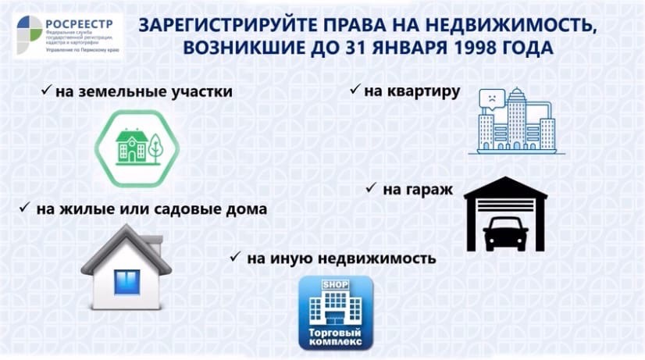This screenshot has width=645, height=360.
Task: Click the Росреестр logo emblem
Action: point(29,34)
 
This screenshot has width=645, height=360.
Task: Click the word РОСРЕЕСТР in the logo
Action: point(80,24)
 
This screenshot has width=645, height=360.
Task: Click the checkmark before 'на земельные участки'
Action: point(47,89)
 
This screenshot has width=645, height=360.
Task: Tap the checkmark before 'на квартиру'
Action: point(355,89)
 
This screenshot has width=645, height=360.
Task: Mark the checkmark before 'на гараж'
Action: point(371,187)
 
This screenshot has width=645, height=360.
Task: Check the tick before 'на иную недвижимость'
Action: point(235,257)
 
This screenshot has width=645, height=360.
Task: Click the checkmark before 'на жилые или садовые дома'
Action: point(25,207)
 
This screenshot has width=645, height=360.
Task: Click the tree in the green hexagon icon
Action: point(155,148)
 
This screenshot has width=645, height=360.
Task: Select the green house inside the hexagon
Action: point(132,146)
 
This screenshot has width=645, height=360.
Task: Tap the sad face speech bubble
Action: point(492,99)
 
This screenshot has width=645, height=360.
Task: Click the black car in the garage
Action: point(505,233)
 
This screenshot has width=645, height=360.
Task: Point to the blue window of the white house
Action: point(127,282)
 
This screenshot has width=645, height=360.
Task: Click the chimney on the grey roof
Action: point(155,244)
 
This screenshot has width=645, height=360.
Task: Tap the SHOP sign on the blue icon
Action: point(335,284)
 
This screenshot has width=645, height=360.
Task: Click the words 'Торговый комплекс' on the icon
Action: point(335,337)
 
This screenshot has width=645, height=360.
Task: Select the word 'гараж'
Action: point(418,190)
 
